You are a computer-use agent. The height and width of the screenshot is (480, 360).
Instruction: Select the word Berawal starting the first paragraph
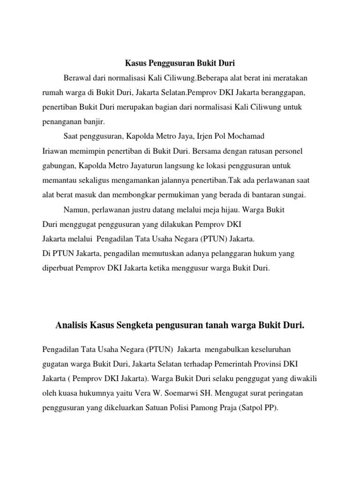pos(76,77)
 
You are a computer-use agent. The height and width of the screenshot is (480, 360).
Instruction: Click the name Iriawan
pos(54,151)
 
